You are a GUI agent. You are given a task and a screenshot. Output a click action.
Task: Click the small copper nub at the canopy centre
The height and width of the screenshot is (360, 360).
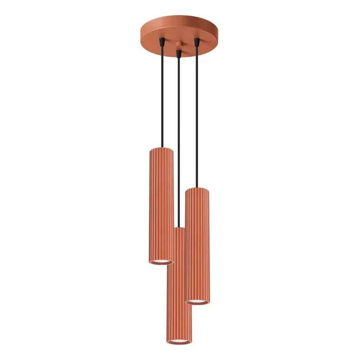(x=179, y=45)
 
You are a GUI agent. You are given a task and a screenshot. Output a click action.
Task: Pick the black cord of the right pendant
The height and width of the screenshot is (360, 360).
(x=197, y=118)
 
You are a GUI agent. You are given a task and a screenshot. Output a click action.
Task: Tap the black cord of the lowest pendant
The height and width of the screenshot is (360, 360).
(x=179, y=142)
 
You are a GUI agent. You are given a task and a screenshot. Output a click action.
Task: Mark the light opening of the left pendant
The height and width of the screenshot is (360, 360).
(x=161, y=261)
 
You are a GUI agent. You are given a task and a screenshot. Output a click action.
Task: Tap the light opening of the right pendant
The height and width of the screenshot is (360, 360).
(x=198, y=301)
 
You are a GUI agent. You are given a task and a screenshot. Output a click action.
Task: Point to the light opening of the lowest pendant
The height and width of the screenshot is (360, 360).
(x=179, y=341)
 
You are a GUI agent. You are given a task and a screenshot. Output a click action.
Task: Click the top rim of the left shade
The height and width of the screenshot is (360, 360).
(x=161, y=150)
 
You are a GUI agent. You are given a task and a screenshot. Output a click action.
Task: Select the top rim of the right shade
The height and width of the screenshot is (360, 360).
(x=197, y=189)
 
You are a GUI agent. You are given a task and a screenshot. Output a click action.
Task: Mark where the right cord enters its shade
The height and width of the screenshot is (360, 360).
(x=197, y=188)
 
